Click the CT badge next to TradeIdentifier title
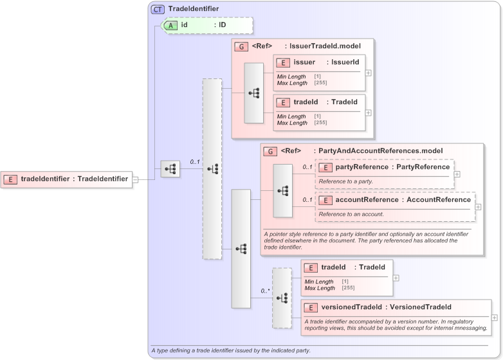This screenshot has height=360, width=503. tap(158, 9)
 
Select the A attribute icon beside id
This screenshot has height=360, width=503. tap(170, 25)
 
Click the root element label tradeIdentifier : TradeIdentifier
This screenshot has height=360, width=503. tap(74, 179)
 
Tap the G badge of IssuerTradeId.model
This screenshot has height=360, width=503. tap(241, 46)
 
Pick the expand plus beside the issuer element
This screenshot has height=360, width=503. tap(368, 73)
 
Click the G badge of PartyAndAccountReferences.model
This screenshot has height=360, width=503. tap(271, 151)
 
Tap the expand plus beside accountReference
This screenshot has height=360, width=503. tap(478, 206)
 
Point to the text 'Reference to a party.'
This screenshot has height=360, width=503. tap(345, 181)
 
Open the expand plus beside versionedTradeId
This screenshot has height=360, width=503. tap(493, 318)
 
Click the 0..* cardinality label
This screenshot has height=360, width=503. tap(265, 291)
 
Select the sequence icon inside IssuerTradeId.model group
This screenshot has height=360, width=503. tap(253, 93)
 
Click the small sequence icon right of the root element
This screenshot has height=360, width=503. tap(170, 169)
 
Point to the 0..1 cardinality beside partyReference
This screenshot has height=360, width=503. tap(307, 167)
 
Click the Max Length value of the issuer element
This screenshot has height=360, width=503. tap(318, 83)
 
